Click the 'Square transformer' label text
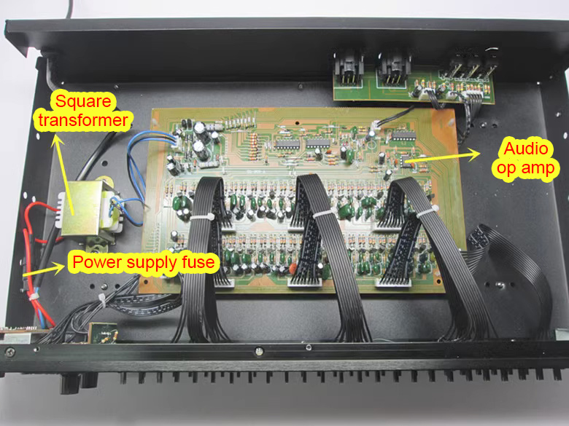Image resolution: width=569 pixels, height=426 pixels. [x=83, y=111]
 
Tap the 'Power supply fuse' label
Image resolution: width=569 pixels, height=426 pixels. [x=143, y=262]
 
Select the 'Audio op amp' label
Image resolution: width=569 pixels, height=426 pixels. [x=526, y=158]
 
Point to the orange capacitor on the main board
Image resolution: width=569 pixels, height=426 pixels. [x=293, y=269]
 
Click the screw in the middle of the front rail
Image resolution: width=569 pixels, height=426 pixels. [x=258, y=351]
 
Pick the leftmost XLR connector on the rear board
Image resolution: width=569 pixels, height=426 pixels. [x=349, y=68]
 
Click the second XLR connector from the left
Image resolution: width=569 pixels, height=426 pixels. [x=394, y=69]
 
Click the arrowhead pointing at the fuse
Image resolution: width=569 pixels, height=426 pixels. [x=59, y=268]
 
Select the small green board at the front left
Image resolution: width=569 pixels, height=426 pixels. [x=103, y=332]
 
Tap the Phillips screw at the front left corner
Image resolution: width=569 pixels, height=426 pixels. [x=9, y=352]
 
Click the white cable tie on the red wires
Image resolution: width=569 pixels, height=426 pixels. [x=34, y=296]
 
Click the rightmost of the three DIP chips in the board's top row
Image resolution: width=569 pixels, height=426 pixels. [x=403, y=136]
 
